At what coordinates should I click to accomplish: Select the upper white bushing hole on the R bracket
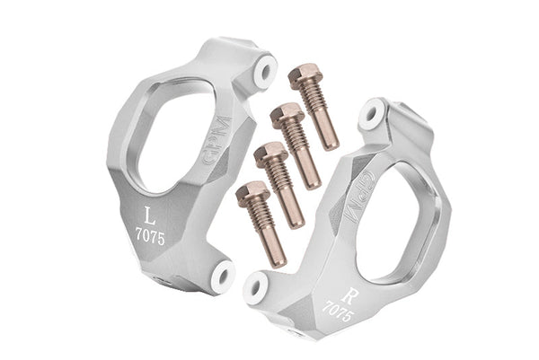[370, 116]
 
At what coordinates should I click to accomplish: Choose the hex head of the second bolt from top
[286, 115]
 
